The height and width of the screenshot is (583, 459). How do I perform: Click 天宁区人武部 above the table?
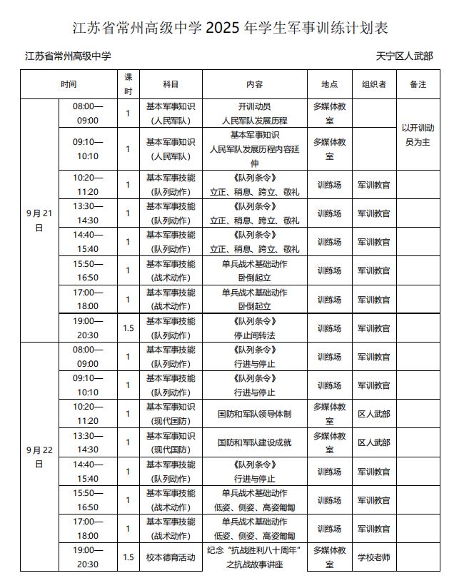tap(405, 56)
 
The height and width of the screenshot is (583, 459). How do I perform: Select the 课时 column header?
tap(128, 83)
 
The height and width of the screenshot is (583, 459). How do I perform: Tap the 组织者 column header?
tap(373, 84)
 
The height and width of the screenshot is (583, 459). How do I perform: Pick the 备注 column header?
tap(418, 84)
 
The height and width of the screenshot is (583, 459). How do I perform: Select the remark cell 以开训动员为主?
tap(418, 134)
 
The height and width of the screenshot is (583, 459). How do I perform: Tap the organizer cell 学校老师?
tap(373, 557)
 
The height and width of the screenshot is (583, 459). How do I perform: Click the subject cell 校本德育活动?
tap(170, 557)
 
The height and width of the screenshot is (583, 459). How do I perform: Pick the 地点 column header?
tap(329, 84)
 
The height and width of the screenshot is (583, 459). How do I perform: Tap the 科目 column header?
tap(170, 84)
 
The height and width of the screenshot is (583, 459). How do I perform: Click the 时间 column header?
tap(69, 84)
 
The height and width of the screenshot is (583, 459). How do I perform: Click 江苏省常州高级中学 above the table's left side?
tap(68, 56)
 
